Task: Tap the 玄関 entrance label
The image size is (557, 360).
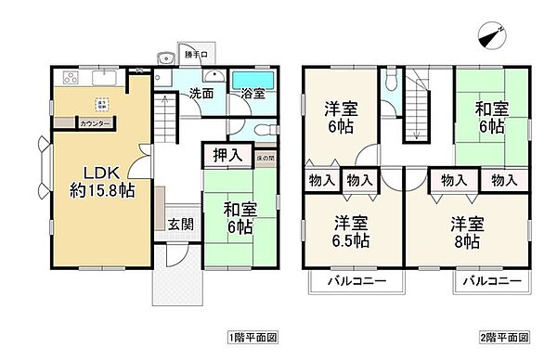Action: click(180, 224)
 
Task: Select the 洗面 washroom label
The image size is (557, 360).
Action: click(201, 94)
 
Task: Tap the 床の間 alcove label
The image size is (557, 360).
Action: click(265, 158)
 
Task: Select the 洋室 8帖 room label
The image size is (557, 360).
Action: click(466, 233)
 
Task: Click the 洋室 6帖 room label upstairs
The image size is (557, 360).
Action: click(343, 114)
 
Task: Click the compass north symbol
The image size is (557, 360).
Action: click(492, 35)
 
